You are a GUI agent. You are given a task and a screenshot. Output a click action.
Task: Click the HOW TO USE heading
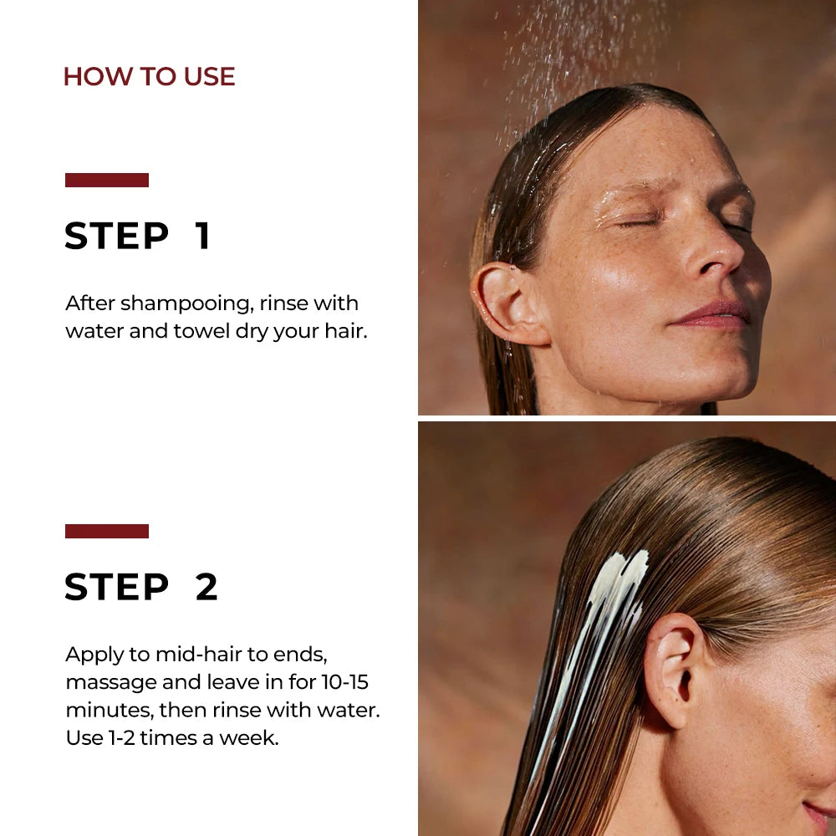pos(149,77)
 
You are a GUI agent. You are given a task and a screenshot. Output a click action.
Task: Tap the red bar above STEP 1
pos(107,180)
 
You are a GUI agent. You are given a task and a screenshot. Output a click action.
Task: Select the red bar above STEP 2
pos(107,531)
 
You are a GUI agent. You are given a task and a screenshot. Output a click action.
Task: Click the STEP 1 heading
pos(137,237)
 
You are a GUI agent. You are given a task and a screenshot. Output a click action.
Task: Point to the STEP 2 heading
pos(141,588)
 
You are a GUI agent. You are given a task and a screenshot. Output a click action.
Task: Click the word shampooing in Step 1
pos(183,303)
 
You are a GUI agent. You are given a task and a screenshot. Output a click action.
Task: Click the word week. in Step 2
pos(251,738)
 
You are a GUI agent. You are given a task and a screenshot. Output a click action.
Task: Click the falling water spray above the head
pos(577,50)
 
